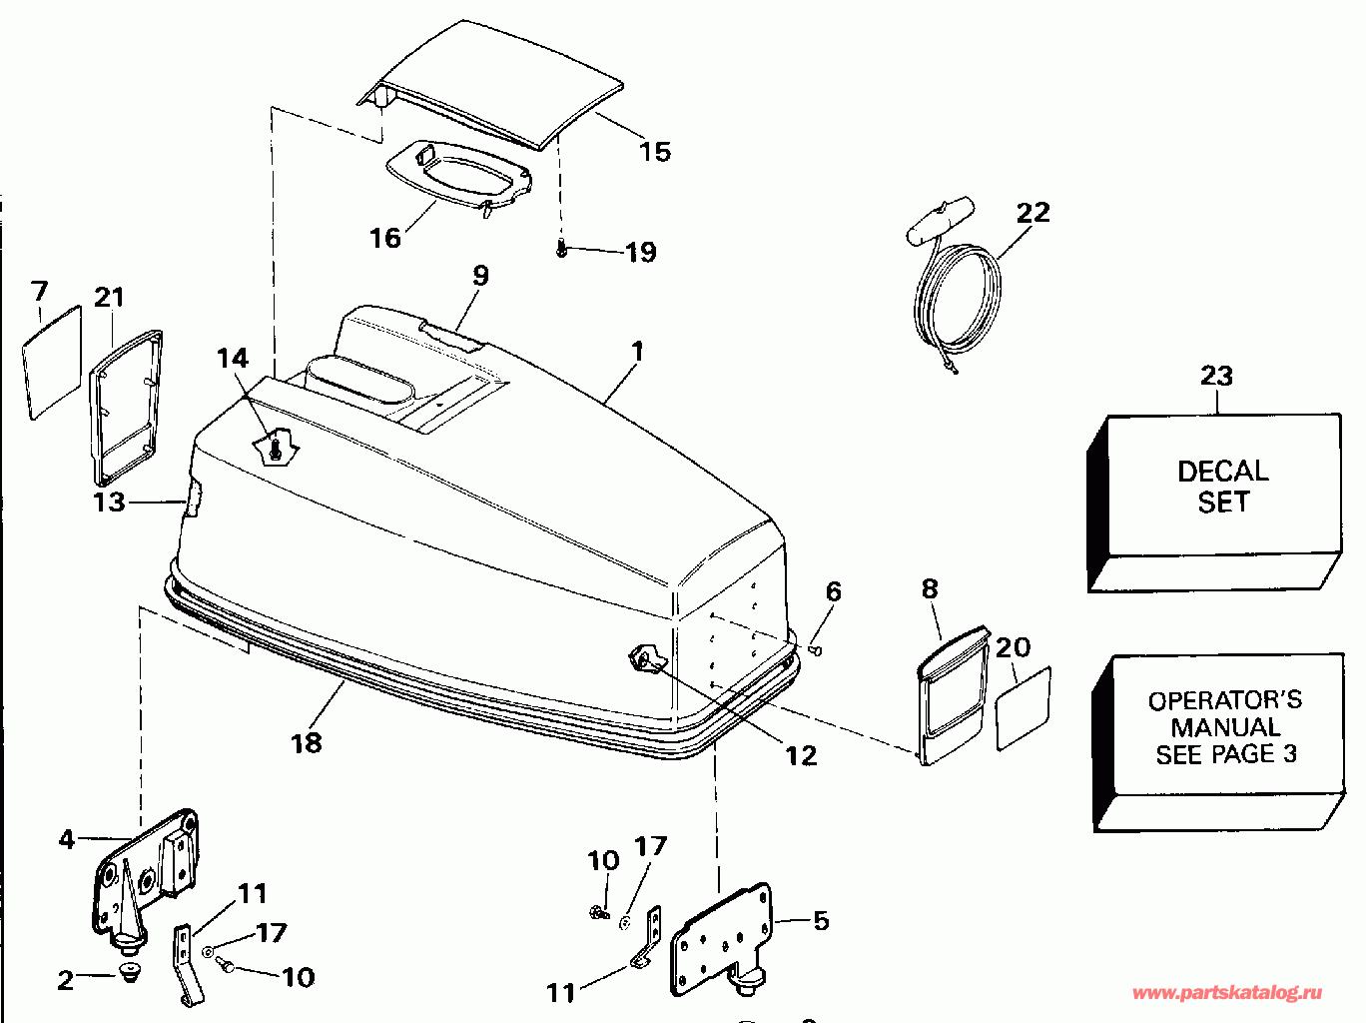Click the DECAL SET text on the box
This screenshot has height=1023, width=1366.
pyautogui.click(x=1222, y=486)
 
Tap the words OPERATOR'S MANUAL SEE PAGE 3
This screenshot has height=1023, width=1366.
pyautogui.click(x=1225, y=727)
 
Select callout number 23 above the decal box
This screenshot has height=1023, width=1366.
pyautogui.click(x=1216, y=376)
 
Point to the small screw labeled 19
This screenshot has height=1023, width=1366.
pyautogui.click(x=561, y=250)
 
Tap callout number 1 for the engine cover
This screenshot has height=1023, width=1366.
pyautogui.click(x=637, y=352)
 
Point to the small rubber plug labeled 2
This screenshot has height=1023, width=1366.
pyautogui.click(x=128, y=972)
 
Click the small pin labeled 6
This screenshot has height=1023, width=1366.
pyautogui.click(x=816, y=650)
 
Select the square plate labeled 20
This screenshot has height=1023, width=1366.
pyautogui.click(x=1024, y=707)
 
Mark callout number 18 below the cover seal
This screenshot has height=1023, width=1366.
pyautogui.click(x=307, y=743)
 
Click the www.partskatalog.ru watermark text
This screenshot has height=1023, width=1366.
pyautogui.click(x=1227, y=993)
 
